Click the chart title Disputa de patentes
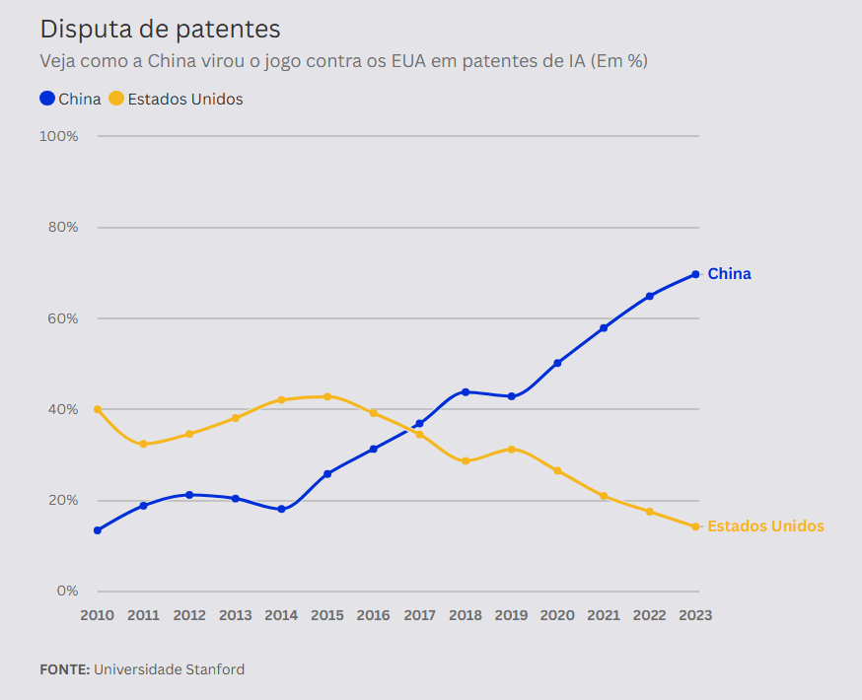click(160, 30)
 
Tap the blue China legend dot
click(47, 99)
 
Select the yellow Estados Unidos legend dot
click(116, 99)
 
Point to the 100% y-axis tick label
click(58, 135)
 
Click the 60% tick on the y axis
click(61, 318)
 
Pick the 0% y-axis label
click(66, 592)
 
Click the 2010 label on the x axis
click(97, 615)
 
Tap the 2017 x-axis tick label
click(419, 615)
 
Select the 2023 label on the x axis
click(695, 615)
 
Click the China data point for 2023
click(695, 274)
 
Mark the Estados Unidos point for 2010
click(97, 409)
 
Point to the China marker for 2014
click(281, 509)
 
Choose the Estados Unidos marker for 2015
click(327, 396)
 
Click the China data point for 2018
click(466, 391)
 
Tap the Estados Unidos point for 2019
click(511, 449)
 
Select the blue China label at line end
click(729, 274)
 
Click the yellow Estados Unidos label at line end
click(765, 526)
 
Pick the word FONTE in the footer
click(64, 669)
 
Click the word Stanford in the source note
click(215, 669)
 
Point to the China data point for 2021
click(604, 328)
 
